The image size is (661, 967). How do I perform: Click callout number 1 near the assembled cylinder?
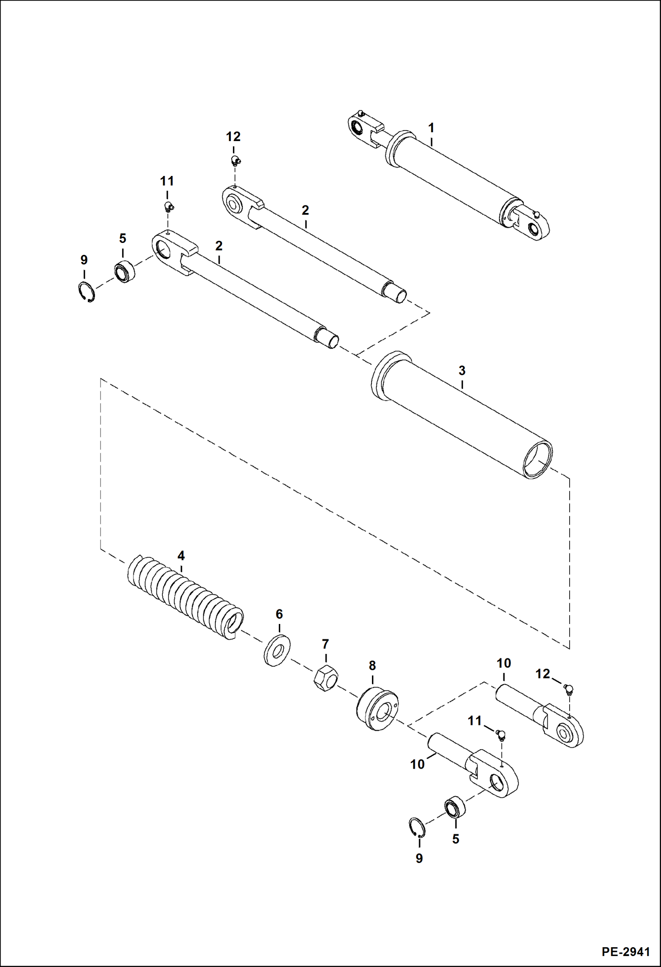[431, 128]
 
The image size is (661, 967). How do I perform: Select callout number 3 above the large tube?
[462, 370]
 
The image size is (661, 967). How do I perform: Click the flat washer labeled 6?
[277, 650]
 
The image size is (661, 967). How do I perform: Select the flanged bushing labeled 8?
[377, 709]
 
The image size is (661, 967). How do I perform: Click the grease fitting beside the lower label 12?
[568, 689]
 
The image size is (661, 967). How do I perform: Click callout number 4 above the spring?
[181, 556]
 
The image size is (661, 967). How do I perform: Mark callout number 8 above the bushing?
[372, 665]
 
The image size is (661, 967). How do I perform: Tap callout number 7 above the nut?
[325, 644]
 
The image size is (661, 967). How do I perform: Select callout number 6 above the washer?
[279, 614]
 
